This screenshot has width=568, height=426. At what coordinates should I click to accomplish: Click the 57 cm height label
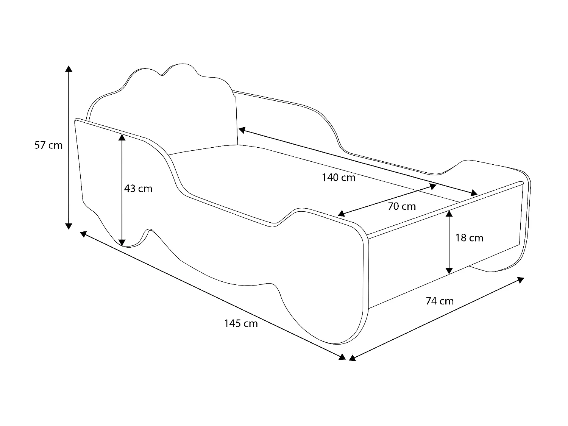(48, 145)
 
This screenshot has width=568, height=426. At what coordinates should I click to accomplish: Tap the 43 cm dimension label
(138, 188)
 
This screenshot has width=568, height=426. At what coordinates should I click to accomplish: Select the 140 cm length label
(339, 177)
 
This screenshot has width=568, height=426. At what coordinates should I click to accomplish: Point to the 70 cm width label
(402, 206)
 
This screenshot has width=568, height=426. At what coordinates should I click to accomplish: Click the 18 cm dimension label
(469, 238)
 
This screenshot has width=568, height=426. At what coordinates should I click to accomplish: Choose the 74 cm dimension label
(440, 301)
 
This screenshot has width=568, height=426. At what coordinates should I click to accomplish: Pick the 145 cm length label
(241, 323)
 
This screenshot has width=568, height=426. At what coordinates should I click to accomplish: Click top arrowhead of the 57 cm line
(69, 69)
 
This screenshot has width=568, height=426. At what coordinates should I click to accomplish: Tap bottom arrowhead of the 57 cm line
(69, 226)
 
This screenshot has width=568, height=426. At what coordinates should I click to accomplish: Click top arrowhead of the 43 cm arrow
(122, 137)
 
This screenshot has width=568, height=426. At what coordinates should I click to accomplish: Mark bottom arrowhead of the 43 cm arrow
(122, 242)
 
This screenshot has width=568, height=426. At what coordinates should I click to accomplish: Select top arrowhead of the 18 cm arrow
(449, 213)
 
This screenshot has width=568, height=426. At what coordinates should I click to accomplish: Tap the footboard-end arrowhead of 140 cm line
(474, 194)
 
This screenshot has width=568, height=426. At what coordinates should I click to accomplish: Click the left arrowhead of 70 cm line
(341, 214)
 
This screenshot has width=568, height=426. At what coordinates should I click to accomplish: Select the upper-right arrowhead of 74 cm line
(521, 280)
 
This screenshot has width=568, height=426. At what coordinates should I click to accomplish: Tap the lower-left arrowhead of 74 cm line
(352, 357)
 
